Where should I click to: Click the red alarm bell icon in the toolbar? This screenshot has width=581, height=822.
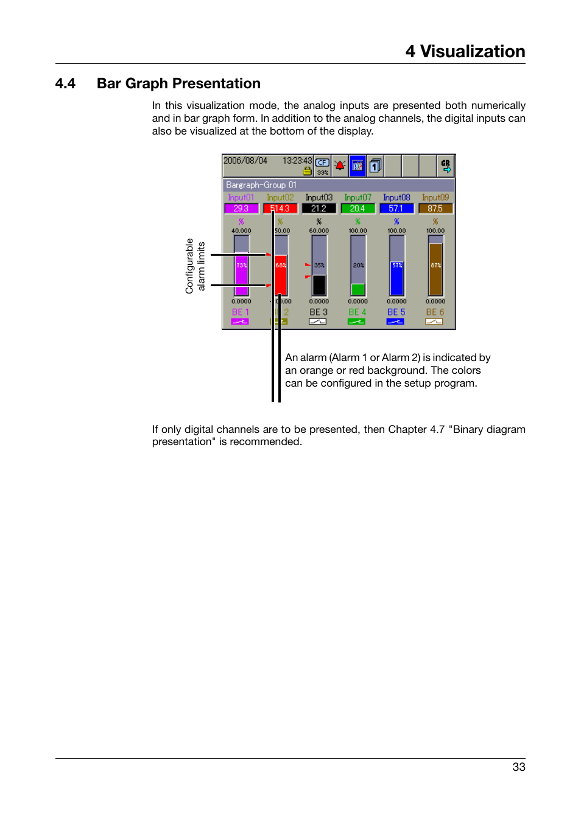point(340,165)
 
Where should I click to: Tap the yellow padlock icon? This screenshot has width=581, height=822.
point(307,171)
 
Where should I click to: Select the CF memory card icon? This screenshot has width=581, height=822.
point(322,163)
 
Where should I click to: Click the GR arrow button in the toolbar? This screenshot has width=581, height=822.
point(446,166)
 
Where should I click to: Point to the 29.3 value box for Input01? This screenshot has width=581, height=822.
point(241,208)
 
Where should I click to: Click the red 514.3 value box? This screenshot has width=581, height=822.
point(280,208)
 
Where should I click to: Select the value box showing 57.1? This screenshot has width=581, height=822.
point(396,208)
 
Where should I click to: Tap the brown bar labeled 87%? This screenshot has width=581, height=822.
point(435,270)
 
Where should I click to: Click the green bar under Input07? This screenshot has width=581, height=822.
point(358,289)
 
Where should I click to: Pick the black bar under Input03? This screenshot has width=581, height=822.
point(319,285)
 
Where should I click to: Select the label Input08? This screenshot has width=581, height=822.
point(396,197)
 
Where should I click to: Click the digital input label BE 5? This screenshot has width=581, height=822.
point(396,312)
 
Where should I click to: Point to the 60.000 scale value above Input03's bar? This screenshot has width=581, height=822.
point(319,231)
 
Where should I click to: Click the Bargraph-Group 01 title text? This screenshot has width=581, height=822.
point(261,185)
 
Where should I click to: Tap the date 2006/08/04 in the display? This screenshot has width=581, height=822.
point(245,161)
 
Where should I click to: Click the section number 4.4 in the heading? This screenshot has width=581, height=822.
point(65,83)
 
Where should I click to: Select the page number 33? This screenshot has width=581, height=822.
point(518,767)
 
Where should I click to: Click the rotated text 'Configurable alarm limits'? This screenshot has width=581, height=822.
point(195,265)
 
